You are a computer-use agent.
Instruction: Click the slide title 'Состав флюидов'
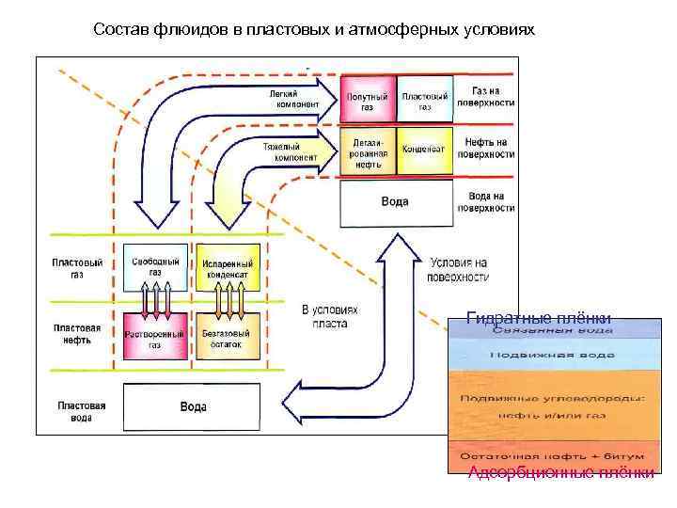pyautogui.click(x=314, y=30)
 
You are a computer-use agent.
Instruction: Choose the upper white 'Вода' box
pyautogui.click(x=395, y=202)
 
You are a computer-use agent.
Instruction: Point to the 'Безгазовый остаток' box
pyautogui.click(x=226, y=339)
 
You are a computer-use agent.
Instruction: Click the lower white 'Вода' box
pyautogui.click(x=193, y=407)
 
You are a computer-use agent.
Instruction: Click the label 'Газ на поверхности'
pyautogui.click(x=487, y=96)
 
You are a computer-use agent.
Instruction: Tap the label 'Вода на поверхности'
pyautogui.click(x=487, y=201)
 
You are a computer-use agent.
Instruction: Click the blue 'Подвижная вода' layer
pyautogui.click(x=552, y=355)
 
